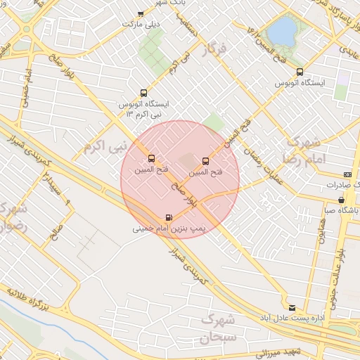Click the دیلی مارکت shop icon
coord(141,13)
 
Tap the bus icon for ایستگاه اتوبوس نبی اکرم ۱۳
coord(144,93)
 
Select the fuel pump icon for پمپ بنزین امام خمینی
coord(169,218)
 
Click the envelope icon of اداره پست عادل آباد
coord(292,308)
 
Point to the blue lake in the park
coord(283,31)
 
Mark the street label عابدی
coord(349,51)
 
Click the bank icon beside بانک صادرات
coord(347,174)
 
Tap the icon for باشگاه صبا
coord(342,200)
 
